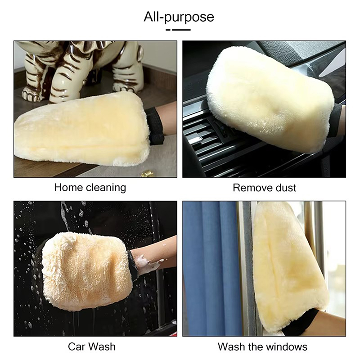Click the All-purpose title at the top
179,17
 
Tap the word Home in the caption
69,187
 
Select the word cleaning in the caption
106,188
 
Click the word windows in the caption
288,346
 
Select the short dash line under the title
178,30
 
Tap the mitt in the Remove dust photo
270,99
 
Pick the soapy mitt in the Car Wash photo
86,271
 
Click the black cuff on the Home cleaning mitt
155,126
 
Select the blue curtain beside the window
211,269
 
